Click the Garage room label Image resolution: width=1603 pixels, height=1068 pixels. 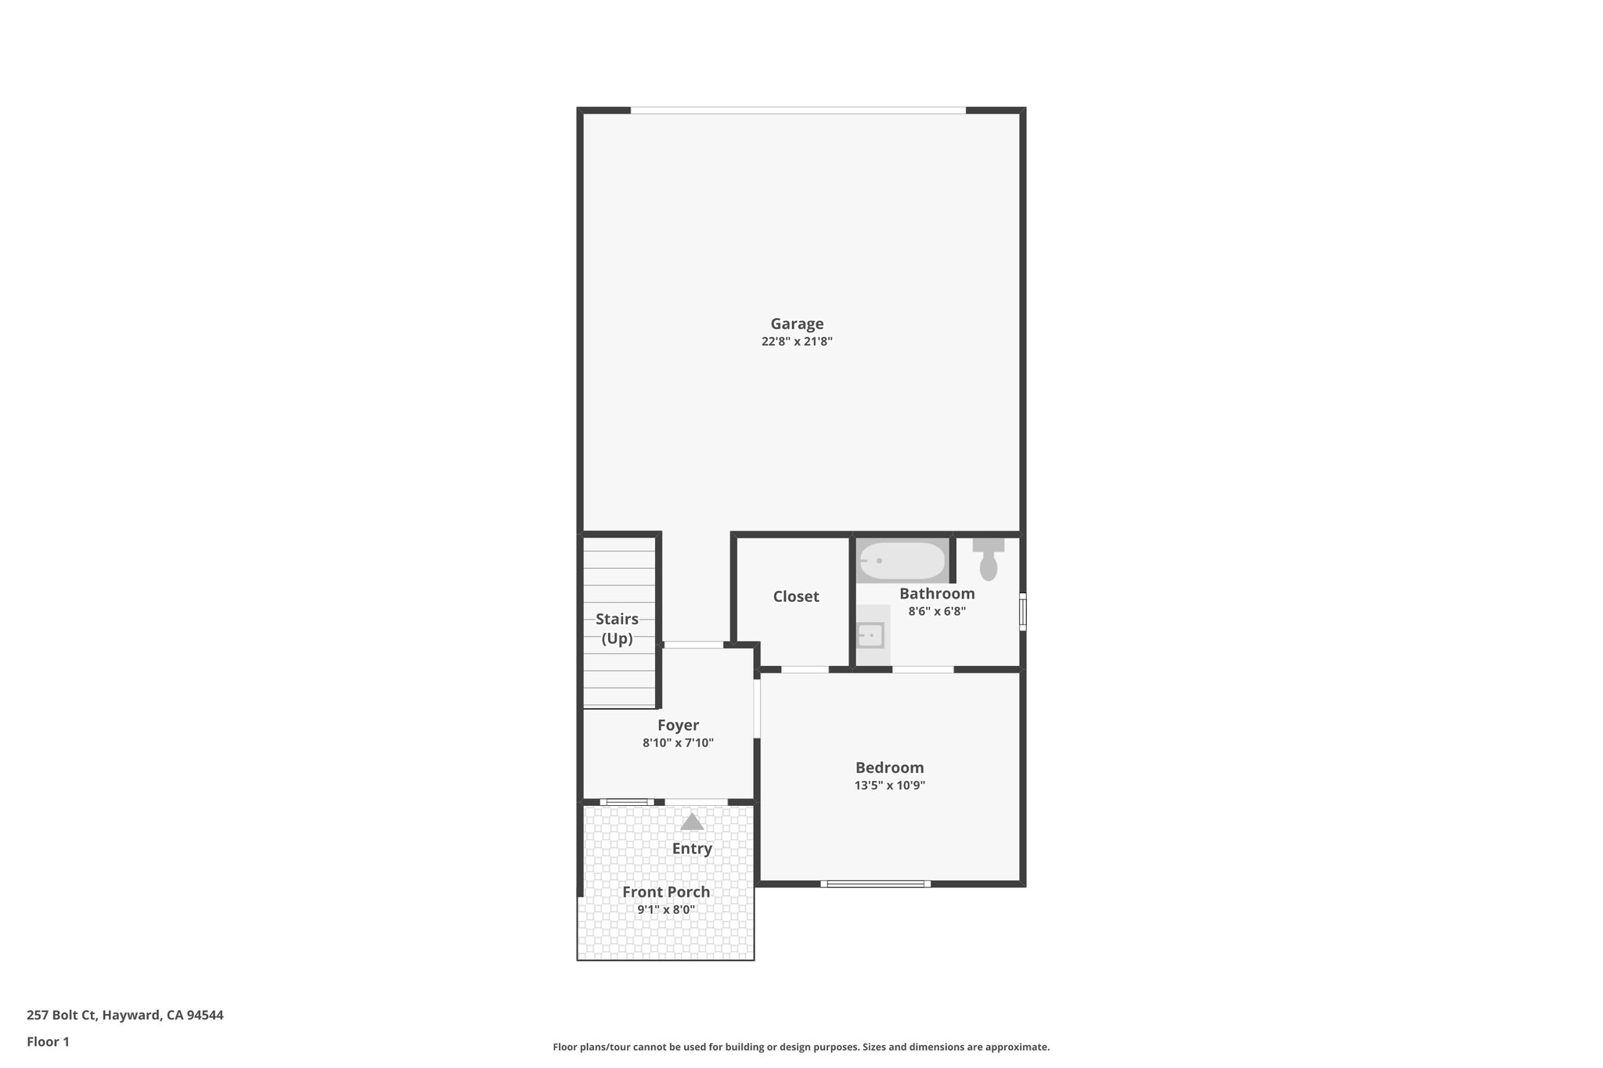click(x=797, y=324)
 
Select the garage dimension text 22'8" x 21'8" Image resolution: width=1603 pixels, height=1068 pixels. click(x=797, y=342)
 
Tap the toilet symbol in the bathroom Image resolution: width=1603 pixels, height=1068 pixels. click(x=989, y=560)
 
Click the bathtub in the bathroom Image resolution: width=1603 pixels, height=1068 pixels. click(x=902, y=561)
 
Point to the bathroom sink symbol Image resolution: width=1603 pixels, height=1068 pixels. click(x=870, y=635)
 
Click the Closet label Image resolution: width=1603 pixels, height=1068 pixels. click(x=796, y=597)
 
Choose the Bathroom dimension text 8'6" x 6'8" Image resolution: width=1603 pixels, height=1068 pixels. click(x=937, y=612)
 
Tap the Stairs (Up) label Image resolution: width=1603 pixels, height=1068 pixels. click(x=617, y=629)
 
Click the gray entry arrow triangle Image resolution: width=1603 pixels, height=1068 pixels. click(x=692, y=822)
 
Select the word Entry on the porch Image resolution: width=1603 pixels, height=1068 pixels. click(x=692, y=849)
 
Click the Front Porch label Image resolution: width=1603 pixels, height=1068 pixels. click(x=666, y=892)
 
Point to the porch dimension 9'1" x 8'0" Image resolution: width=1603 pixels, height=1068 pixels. click(x=666, y=910)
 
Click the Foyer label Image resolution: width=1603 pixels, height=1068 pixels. click(x=678, y=725)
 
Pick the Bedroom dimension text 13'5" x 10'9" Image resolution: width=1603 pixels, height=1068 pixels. click(x=890, y=786)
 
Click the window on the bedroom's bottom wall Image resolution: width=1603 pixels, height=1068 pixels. click(x=876, y=884)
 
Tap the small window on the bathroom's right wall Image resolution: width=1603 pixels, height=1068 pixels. click(x=1022, y=612)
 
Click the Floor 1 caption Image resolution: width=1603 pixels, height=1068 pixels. click(x=49, y=1042)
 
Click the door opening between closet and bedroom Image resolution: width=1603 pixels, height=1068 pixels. click(x=805, y=670)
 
